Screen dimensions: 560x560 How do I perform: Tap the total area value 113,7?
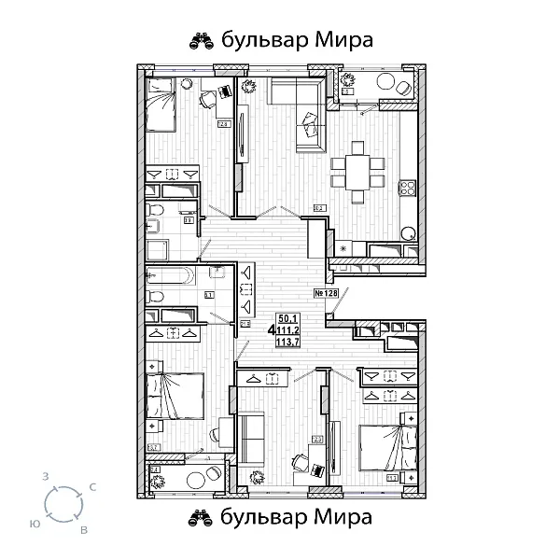288,341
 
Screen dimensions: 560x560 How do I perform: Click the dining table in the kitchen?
355,172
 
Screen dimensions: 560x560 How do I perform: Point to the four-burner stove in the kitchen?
408,188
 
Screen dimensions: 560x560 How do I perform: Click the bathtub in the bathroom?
170,277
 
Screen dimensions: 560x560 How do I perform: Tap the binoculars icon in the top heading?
202,40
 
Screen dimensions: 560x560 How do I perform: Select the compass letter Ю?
35,522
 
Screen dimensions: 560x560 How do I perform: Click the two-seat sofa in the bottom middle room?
253,438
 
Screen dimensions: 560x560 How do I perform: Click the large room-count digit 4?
271,330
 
